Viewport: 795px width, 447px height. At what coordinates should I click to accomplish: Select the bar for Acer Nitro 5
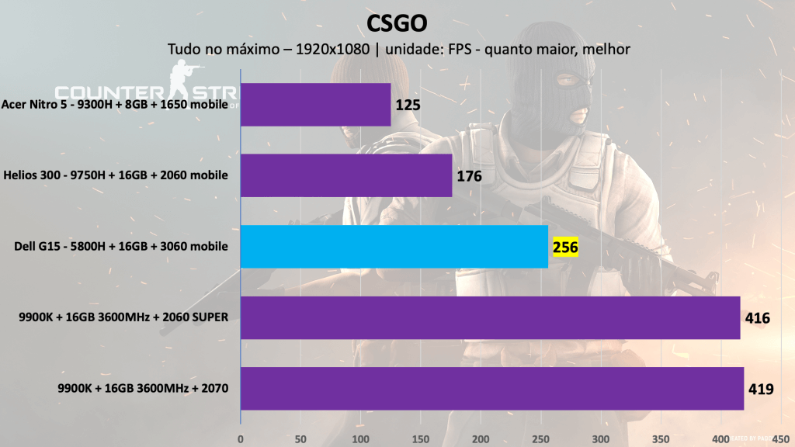pos(315,104)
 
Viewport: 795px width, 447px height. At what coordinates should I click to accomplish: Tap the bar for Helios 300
pos(346,175)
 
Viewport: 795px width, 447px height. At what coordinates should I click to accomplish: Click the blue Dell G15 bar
pos(394,247)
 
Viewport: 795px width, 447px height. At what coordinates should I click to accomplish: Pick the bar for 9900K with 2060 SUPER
pos(490,317)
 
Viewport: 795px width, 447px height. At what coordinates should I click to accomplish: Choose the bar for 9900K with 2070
pos(492,388)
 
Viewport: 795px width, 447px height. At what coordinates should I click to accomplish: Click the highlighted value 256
pos(564,248)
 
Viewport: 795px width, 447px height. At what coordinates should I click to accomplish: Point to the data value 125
pos(408,105)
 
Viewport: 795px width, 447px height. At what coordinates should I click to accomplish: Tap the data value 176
pos(469,176)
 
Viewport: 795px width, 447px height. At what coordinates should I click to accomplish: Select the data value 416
pos(757,318)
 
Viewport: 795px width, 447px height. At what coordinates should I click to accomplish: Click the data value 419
pos(761,389)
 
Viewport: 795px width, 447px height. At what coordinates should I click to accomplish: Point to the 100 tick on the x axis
pos(360,438)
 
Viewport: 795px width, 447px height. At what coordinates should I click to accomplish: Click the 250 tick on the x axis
pos(540,438)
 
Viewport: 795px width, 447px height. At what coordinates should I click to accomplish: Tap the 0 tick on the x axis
pos(241,438)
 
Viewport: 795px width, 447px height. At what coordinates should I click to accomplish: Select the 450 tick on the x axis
pos(780,438)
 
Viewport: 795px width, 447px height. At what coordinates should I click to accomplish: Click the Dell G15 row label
pos(121,247)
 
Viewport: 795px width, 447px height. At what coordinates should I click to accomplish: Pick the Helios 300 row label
pos(116,175)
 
